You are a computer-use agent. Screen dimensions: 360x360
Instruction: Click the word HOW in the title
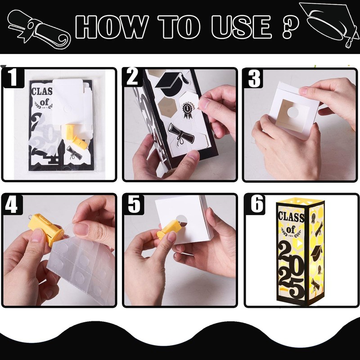coord(112,27)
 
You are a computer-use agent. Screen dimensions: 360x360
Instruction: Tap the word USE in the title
coord(242,27)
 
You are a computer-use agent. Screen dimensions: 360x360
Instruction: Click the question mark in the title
coord(291,27)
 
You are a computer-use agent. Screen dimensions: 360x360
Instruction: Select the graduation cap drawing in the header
coord(330,24)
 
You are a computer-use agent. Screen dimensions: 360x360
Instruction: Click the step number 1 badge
coord(13,77)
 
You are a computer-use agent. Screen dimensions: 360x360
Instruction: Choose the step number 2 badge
coord(132,77)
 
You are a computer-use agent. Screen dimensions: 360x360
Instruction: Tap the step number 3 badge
coord(254,78)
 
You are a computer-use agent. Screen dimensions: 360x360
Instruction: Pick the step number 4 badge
coord(12,204)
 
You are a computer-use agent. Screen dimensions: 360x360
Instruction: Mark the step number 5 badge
coord(134,204)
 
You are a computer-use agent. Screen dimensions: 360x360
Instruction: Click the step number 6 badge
coord(256,204)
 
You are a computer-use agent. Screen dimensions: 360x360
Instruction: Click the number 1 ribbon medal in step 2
coord(188,110)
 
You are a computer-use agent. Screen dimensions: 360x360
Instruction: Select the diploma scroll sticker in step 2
coord(181,134)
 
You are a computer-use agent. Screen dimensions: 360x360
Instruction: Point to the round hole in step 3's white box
coord(293,112)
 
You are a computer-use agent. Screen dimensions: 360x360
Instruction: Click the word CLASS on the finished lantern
coord(291,217)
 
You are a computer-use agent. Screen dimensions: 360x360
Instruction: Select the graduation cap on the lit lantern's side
coord(316,252)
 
